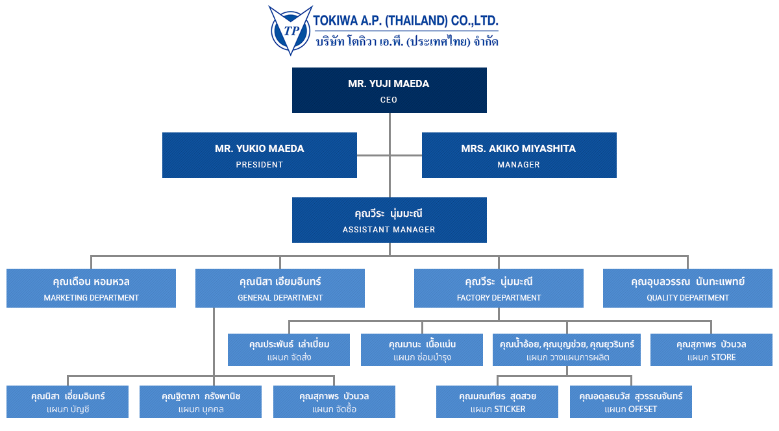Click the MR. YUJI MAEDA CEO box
click(389, 90)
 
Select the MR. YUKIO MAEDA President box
click(259, 155)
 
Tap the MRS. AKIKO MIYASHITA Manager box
click(519, 155)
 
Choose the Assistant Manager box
click(389, 220)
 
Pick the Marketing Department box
click(91, 288)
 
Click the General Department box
click(280, 288)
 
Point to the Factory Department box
click(499, 288)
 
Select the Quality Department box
click(687, 288)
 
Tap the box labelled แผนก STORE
click(711, 350)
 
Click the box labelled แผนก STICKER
click(497, 402)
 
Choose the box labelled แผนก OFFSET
click(630, 402)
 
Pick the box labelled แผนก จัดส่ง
click(289, 350)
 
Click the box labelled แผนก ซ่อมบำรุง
click(422, 350)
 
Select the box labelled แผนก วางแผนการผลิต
click(567, 350)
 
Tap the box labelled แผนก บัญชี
click(68, 402)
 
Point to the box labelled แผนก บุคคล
click(201, 402)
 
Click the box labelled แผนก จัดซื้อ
click(334, 402)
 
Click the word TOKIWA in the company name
click(337, 20)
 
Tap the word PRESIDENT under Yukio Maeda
click(259, 165)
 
